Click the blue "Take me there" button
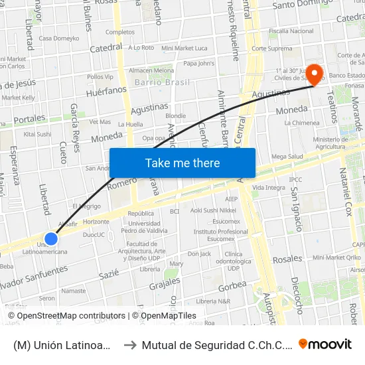183,163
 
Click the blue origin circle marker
51,238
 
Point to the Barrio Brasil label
162,82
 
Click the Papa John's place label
198,64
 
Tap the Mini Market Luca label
184,48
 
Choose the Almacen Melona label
151,70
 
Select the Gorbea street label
232,286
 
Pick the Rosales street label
287,259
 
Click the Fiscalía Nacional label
291,31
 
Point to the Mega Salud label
287,157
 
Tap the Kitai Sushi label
37,134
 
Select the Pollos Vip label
100,77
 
